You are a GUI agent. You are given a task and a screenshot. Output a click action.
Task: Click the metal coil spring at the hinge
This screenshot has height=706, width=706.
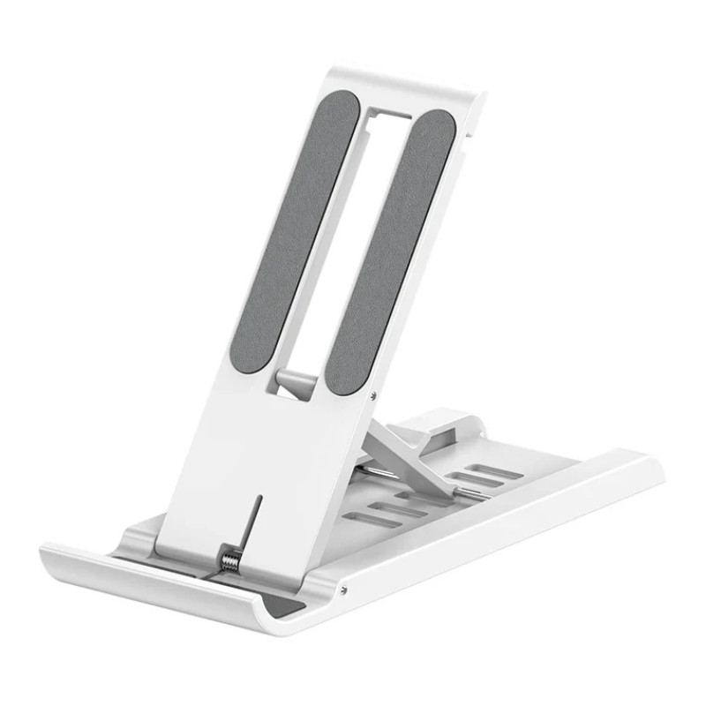[230, 560]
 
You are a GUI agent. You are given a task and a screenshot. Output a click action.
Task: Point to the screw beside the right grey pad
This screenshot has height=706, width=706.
[374, 394]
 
